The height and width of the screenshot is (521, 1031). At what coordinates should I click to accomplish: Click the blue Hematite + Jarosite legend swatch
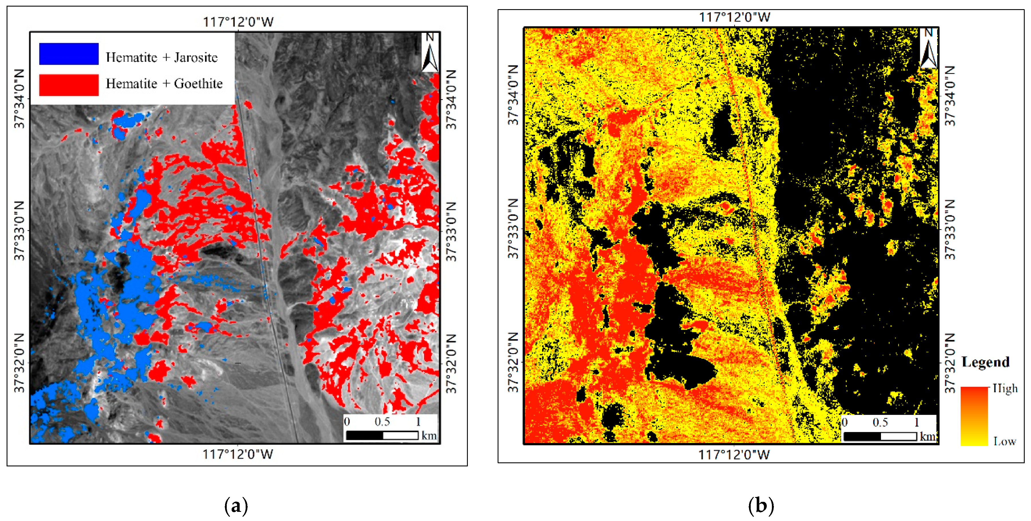tap(69, 53)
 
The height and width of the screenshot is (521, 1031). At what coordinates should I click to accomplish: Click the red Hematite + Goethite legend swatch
tap(69, 85)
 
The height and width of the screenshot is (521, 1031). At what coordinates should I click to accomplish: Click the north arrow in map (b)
tap(929, 49)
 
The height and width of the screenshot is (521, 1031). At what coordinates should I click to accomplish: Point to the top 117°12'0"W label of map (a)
tap(238, 22)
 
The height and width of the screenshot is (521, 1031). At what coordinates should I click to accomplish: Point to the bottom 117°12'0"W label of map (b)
tap(734, 455)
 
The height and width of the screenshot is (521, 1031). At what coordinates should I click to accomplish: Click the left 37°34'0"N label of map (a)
tap(19, 98)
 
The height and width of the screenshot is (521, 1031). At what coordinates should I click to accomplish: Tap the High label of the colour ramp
tap(1005, 388)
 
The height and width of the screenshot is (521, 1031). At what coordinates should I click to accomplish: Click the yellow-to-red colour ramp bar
tap(974, 416)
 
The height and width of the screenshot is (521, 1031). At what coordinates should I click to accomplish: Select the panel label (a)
tap(236, 506)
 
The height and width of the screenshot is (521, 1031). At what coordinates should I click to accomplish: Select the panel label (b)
tap(760, 506)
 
